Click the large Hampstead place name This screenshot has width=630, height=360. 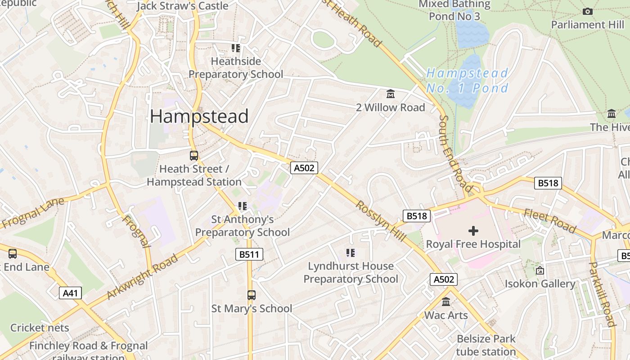(199, 117)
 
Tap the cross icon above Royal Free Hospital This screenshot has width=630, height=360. (473, 231)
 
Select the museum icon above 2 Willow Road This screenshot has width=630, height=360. (390, 94)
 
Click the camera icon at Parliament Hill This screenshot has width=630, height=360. (587, 11)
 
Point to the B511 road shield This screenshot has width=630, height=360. (249, 254)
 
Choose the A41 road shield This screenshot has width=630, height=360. (70, 293)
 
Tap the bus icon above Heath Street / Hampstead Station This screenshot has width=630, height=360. (194, 156)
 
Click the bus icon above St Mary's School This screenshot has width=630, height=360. (252, 295)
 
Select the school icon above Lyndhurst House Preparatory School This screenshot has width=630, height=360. (351, 253)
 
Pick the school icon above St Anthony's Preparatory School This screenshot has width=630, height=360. (243, 206)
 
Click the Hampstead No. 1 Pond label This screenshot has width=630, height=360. (467, 80)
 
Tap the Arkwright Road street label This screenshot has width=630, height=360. (143, 277)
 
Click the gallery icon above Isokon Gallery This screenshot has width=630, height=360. (540, 270)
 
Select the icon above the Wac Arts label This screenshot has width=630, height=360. (446, 302)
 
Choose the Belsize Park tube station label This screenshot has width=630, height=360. (486, 345)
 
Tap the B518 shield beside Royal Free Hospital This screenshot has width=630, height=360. (416, 216)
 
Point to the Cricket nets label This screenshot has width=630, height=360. (40, 328)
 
